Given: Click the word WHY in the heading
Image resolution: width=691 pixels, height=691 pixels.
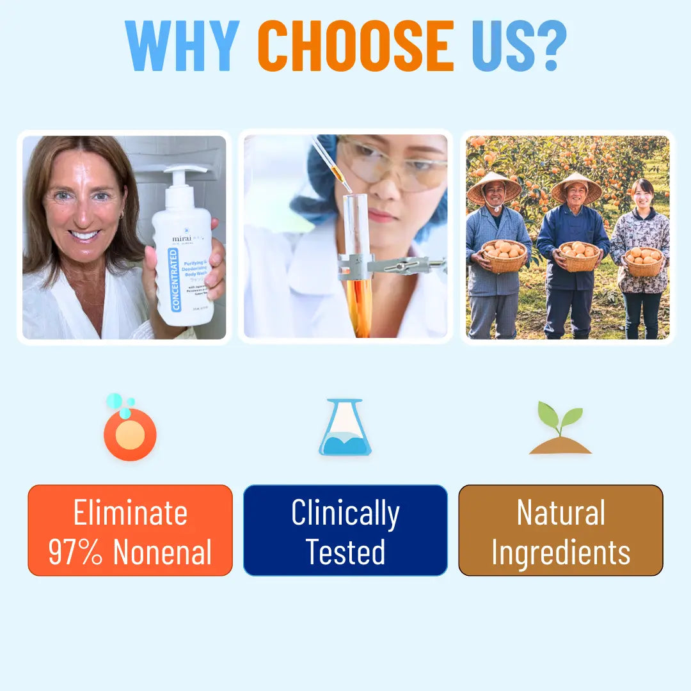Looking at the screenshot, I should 182,46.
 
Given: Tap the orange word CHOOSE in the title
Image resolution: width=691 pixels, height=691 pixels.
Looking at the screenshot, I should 356,46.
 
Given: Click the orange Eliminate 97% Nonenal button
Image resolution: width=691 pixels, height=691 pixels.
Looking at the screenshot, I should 130,530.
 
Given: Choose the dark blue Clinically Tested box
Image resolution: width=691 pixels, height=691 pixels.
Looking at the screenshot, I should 345,530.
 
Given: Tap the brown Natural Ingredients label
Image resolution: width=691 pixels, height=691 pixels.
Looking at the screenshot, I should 560,530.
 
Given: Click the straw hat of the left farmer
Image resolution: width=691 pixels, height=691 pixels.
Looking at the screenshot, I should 494,188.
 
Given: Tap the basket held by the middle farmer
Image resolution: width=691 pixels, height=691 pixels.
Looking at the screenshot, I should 578,256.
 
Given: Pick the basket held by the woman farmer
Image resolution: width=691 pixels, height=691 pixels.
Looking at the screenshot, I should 643,261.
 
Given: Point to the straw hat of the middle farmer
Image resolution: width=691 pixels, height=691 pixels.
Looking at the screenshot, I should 576,187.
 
